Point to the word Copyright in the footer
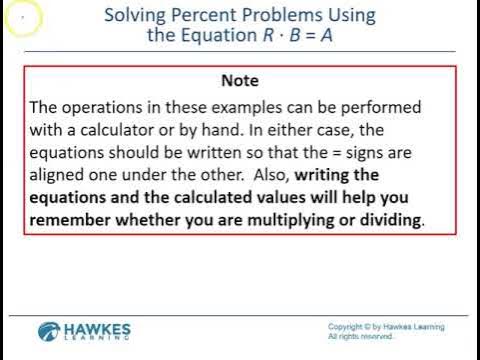point(347,327)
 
